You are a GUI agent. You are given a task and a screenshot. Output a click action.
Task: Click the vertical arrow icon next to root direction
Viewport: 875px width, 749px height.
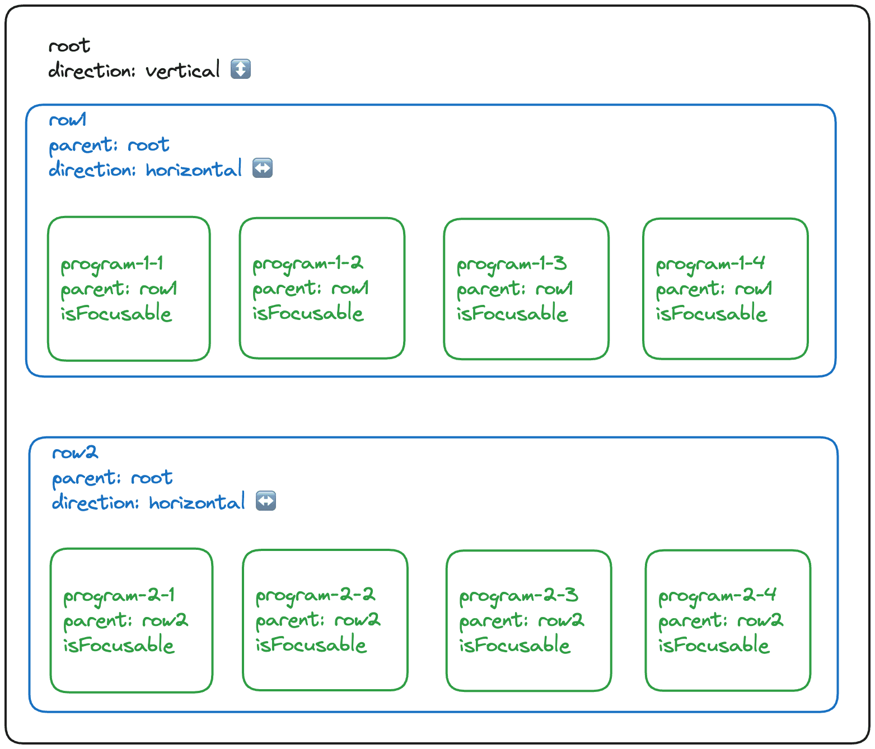pos(241,69)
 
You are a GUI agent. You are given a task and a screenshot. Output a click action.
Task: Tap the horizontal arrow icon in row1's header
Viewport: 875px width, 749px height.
pos(262,168)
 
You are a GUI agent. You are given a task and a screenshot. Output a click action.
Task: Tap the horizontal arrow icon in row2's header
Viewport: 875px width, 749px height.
pos(265,501)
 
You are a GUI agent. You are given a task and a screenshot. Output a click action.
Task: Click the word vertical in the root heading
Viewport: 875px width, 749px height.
pos(183,71)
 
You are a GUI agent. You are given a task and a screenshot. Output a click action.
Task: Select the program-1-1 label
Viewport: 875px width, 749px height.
pos(112,264)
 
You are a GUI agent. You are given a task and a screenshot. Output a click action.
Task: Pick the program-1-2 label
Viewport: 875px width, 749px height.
pos(307,263)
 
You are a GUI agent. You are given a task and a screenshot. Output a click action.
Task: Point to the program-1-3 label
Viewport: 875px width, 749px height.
pos(512,264)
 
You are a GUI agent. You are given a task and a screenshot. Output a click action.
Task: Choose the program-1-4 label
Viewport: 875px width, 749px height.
pos(710,263)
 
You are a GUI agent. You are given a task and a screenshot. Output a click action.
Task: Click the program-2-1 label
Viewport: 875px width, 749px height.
pos(119,596)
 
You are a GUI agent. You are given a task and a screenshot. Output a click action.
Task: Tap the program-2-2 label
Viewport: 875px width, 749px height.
pos(315,595)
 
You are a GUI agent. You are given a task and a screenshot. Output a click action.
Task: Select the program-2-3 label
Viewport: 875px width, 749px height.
pos(518,596)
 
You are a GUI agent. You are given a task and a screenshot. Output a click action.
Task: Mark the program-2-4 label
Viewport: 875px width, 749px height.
pos(717,595)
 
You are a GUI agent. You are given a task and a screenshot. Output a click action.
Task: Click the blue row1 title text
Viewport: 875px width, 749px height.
pos(68,120)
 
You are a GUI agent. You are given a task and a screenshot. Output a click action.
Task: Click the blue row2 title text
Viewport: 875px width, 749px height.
pos(74,453)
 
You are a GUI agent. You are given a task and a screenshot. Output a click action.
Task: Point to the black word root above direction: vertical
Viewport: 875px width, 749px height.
pos(69,46)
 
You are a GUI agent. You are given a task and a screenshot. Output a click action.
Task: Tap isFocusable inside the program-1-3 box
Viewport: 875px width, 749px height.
pos(512,313)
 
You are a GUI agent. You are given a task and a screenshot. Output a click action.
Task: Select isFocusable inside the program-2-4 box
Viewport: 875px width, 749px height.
pos(713,645)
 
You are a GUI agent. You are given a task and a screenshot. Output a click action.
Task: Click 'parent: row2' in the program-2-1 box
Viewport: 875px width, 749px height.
pos(125,620)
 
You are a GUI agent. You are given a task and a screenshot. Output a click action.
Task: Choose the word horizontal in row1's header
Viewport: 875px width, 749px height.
pos(194,169)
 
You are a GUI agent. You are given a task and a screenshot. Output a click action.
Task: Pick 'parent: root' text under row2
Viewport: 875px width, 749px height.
pos(112,478)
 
